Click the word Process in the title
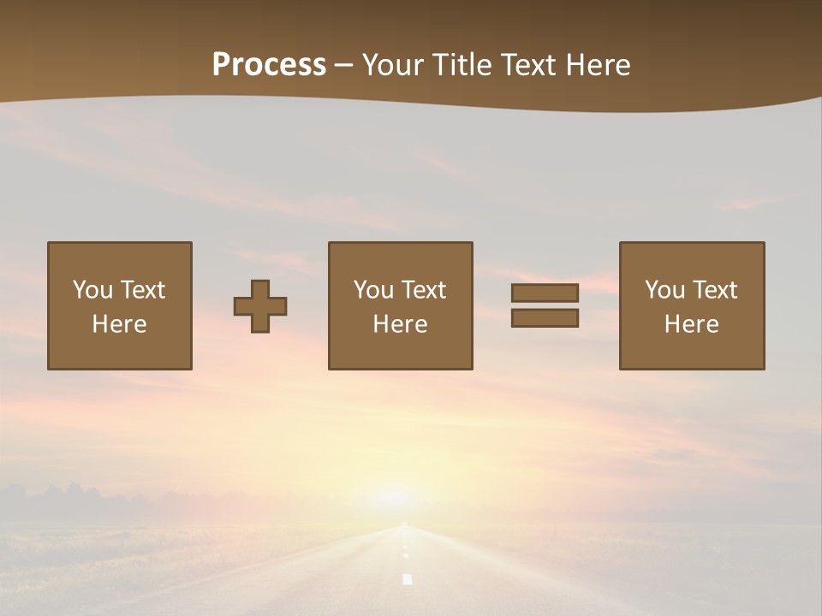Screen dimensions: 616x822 269,65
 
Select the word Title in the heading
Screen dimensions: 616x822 464,65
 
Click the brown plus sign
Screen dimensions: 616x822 260,306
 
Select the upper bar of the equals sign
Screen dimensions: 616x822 545,293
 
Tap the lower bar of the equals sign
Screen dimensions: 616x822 545,318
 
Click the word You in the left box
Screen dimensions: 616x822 92,290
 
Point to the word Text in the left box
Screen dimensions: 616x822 141,290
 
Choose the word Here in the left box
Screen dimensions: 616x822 119,324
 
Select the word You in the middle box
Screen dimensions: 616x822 373,290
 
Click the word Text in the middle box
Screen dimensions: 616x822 422,290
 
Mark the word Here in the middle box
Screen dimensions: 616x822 400,324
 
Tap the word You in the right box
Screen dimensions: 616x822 664,290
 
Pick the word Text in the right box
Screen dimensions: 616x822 713,290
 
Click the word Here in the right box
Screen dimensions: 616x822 691,324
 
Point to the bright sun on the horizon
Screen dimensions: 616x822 395,497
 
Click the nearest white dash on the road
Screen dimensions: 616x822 408,579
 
